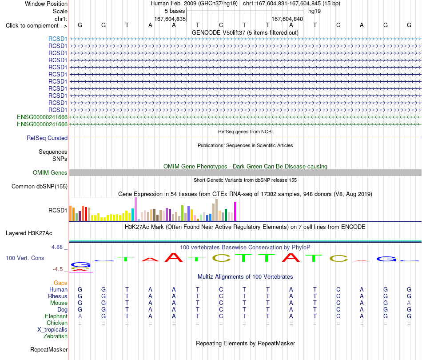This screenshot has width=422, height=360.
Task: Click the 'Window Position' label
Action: click(46, 4)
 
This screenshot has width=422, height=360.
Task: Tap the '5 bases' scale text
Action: click(175, 11)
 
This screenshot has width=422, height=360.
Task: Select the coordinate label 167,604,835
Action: click(170, 19)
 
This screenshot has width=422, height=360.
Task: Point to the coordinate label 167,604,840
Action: click(287, 19)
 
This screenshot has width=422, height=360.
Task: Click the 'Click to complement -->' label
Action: click(36, 26)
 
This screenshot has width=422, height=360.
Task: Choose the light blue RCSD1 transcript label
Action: click(58, 39)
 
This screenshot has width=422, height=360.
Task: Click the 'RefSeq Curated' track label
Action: click(47, 138)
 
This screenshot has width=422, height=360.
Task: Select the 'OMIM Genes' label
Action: click(50, 172)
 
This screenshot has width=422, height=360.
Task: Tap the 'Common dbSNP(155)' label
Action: click(40, 186)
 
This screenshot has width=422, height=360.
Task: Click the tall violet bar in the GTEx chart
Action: click(135, 209)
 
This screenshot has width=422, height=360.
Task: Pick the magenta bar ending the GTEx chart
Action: click(235, 212)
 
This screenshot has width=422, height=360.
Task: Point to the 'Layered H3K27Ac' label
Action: click(29, 233)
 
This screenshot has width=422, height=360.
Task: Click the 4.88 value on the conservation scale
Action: click(57, 247)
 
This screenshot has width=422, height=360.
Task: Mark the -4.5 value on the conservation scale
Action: click(58, 269)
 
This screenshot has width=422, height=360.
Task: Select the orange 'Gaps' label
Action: click(60, 283)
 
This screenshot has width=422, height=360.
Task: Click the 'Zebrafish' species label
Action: click(56, 336)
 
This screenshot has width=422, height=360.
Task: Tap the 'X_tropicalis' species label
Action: click(52, 330)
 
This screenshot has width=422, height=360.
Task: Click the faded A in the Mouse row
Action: click(409, 303)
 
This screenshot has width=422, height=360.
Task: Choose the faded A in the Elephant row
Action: click(80, 316)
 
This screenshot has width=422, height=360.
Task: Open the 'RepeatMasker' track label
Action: click(49, 349)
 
